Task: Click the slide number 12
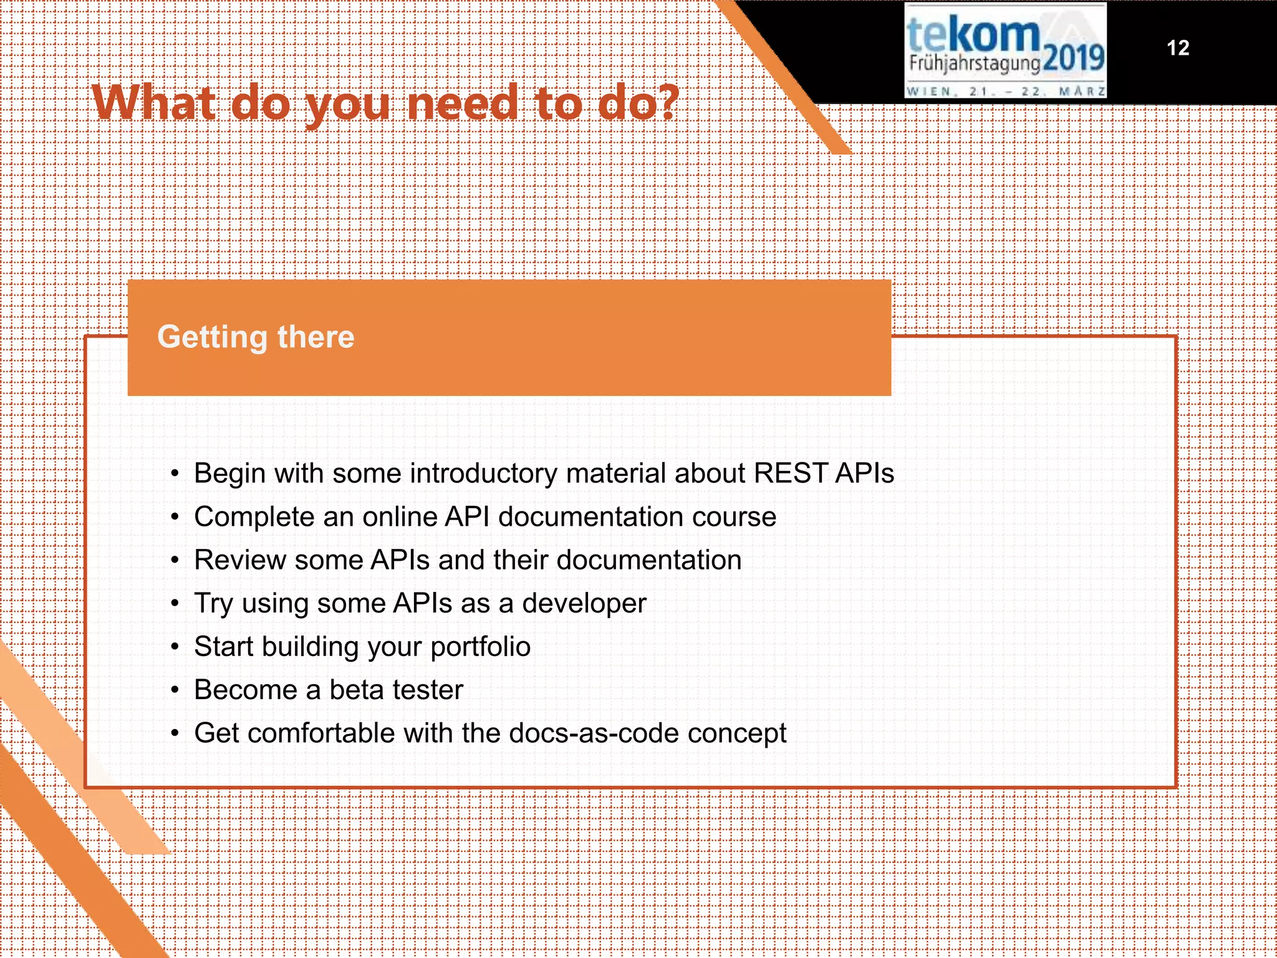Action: pos(1177,48)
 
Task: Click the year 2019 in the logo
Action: pos(1072,59)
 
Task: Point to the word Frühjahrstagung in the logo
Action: pos(974,64)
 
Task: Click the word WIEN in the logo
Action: pos(928,92)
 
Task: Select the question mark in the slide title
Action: pos(667,103)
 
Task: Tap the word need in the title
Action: pos(461,103)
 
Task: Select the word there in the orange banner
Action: pos(316,337)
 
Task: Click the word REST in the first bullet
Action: pos(790,473)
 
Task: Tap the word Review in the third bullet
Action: pos(239,560)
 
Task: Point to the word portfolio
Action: pos(480,647)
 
